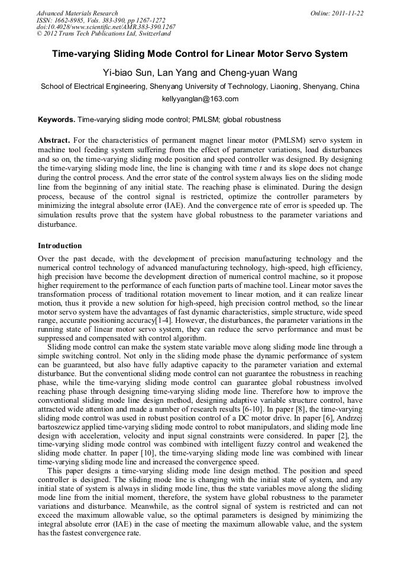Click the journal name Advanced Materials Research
click(x=77, y=13)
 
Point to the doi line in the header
click(x=106, y=27)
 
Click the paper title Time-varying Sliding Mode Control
click(x=200, y=54)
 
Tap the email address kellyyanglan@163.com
click(x=200, y=99)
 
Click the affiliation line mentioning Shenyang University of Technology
click(x=200, y=86)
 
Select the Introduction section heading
click(x=60, y=246)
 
